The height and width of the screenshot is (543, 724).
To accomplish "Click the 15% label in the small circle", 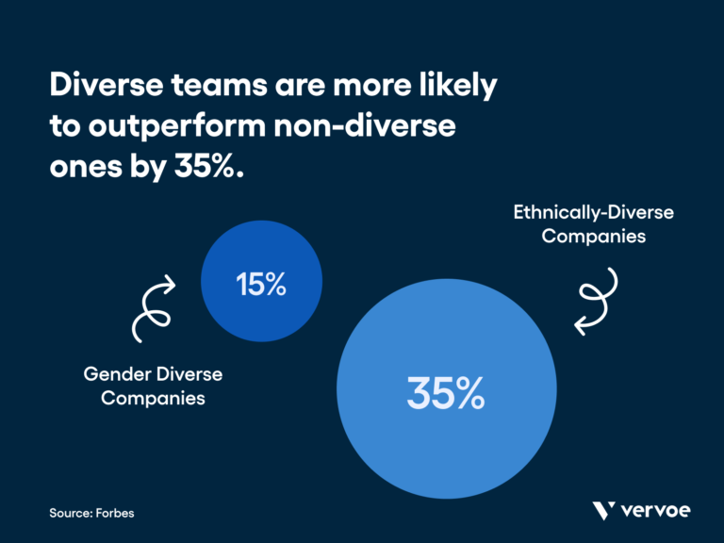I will click(x=261, y=284).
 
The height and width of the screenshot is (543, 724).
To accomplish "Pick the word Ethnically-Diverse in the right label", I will click(x=593, y=212).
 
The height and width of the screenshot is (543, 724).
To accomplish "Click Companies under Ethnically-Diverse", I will click(x=593, y=236).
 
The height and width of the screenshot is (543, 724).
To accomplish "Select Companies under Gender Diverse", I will click(x=153, y=398).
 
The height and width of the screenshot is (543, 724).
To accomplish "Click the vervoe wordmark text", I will click(x=656, y=511).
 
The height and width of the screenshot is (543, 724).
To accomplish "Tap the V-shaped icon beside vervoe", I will click(x=604, y=511).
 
